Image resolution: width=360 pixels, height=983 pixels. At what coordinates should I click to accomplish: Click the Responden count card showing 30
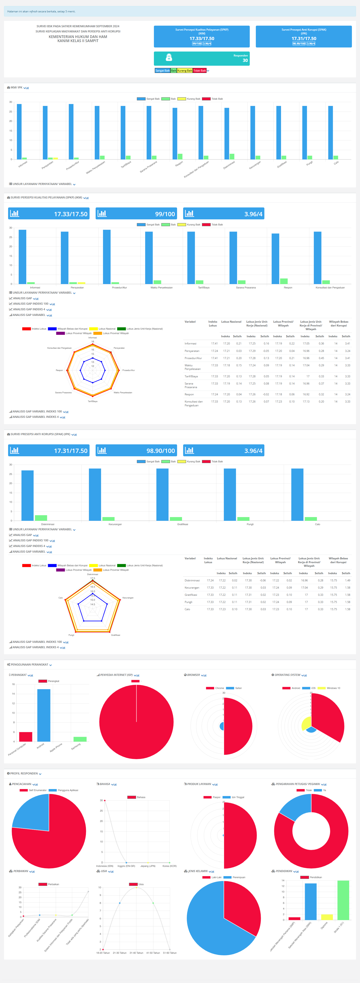(x=202, y=58)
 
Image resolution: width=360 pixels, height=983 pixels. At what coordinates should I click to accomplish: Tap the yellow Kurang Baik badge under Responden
(x=185, y=71)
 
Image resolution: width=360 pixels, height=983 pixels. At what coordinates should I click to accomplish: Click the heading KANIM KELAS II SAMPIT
(x=78, y=41)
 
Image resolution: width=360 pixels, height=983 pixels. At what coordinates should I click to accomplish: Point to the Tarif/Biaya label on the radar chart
(x=92, y=401)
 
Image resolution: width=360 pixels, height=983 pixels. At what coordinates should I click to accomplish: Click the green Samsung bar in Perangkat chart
(x=80, y=739)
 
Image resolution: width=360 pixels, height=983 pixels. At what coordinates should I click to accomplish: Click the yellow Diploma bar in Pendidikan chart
(x=327, y=917)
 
